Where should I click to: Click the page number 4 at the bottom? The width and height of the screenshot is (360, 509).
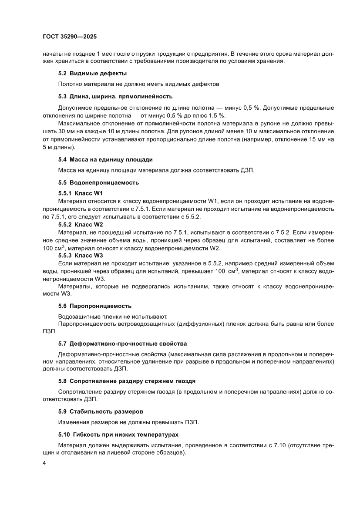[x=44, y=462]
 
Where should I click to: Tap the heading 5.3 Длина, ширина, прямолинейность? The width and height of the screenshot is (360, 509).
[x=115, y=96]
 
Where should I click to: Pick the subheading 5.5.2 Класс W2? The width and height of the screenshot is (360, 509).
[x=81, y=224]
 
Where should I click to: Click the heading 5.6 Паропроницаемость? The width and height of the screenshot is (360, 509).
[x=94, y=306]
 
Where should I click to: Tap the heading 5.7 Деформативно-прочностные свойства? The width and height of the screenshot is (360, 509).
[x=122, y=343]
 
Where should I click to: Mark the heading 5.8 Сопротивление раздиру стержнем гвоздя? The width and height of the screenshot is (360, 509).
[x=127, y=381]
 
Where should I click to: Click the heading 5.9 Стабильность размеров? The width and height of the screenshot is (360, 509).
[x=101, y=411]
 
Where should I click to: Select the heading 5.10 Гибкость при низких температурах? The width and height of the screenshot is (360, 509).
[x=118, y=435]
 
